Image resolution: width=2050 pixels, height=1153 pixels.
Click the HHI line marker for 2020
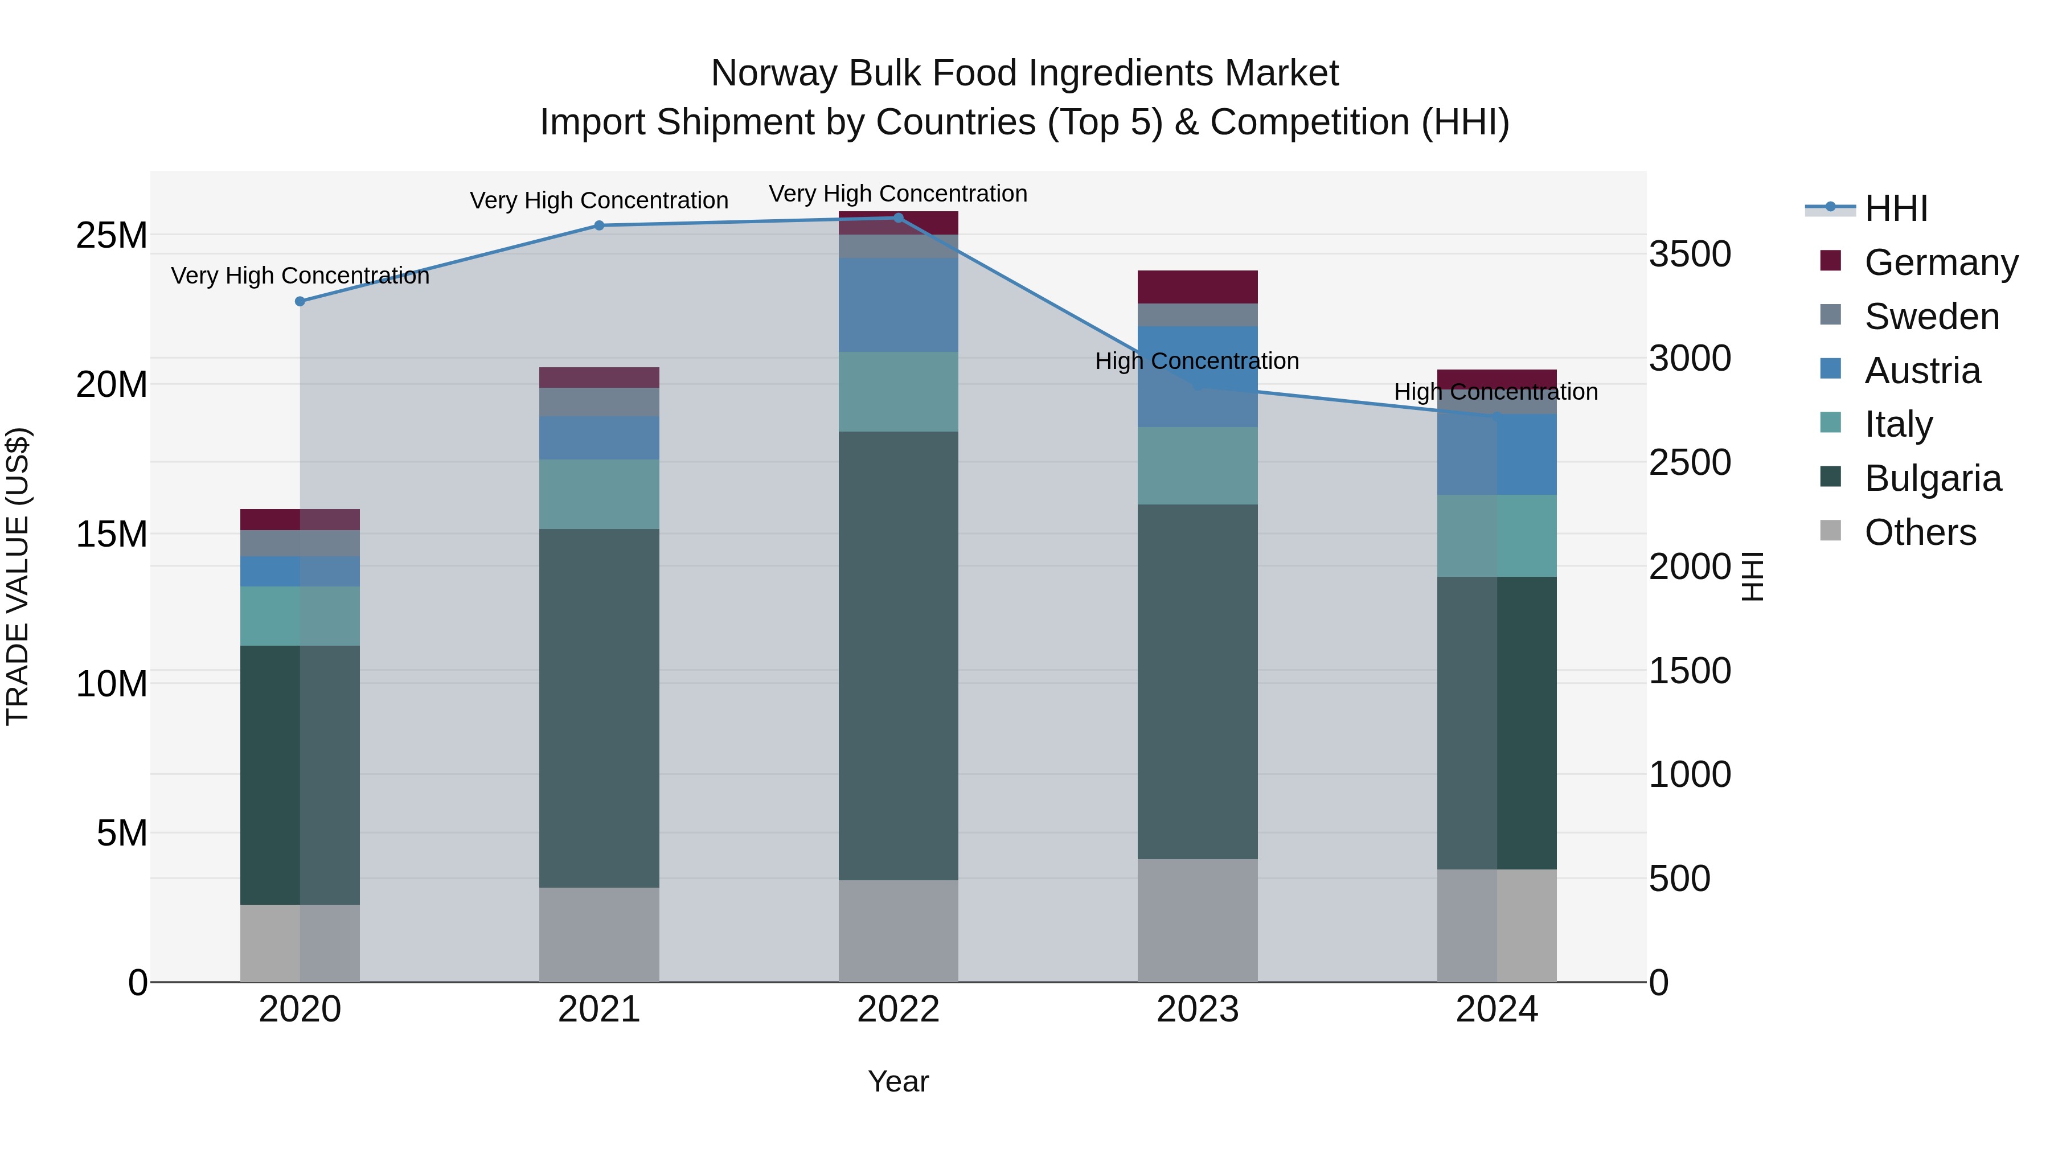coord(300,302)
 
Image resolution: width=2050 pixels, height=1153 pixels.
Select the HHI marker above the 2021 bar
coord(599,225)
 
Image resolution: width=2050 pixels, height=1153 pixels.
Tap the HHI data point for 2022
coord(899,218)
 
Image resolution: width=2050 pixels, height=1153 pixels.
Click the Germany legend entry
coord(1940,262)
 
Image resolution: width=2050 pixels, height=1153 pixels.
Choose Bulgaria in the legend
coord(1932,478)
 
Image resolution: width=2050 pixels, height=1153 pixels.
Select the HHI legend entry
coord(1896,208)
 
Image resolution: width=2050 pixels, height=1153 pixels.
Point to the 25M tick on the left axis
coord(112,236)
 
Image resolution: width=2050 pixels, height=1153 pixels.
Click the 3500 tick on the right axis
coord(1689,255)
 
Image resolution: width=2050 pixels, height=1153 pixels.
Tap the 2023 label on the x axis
coord(1197,1010)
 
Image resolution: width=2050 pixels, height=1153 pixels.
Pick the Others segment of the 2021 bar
coord(599,934)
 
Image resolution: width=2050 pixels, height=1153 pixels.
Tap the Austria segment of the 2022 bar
coord(899,305)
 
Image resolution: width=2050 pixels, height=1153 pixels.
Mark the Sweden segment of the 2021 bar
coord(599,402)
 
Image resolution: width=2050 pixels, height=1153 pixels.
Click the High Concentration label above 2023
coord(1197,361)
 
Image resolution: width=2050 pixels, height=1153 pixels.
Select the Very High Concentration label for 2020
coord(300,276)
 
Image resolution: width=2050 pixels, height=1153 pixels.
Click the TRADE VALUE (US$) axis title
coord(18,576)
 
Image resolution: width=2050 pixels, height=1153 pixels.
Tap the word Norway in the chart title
coord(775,73)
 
